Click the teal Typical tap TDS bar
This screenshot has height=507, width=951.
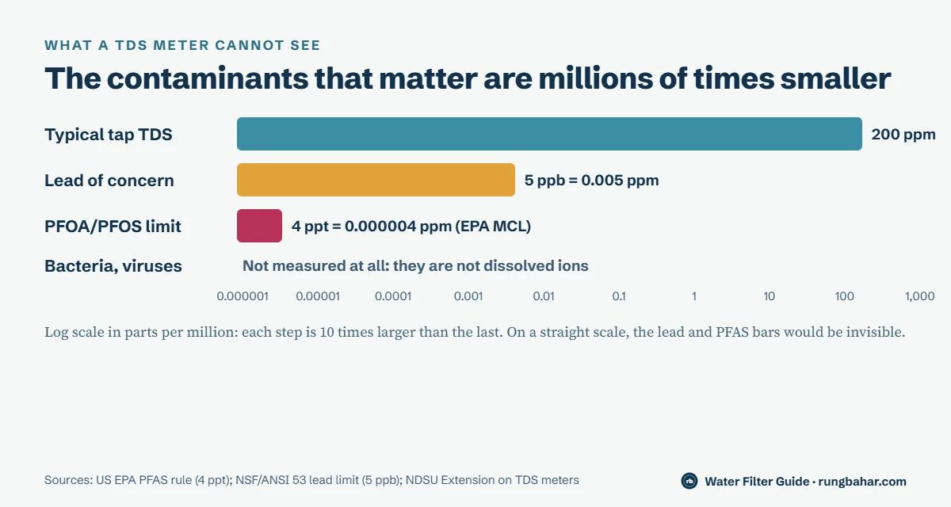coord(549,134)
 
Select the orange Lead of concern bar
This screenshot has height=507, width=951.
coord(376,180)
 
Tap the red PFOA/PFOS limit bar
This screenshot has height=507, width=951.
coord(259,226)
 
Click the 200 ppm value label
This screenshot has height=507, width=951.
coord(903,135)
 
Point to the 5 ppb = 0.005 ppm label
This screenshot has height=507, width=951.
coord(591,181)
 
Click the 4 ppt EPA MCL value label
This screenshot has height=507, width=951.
coord(411,226)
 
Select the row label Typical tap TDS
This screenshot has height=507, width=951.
coord(109,135)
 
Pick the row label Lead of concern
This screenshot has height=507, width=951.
coord(109,181)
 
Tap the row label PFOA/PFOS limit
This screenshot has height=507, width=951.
coord(113,227)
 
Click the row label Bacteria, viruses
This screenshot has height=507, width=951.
coord(113,266)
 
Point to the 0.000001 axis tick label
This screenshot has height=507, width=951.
coord(243,296)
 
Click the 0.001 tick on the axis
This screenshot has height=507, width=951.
coord(468,296)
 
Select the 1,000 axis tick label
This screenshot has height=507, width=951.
coord(919,296)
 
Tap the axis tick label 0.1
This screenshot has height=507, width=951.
coord(619,296)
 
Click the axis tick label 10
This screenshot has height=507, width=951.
coord(770,296)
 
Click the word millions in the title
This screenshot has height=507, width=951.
coord(595,78)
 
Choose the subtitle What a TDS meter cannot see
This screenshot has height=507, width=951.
coord(182,45)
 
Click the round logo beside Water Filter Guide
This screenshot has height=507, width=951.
coord(689,481)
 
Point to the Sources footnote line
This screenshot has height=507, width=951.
coord(311,480)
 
